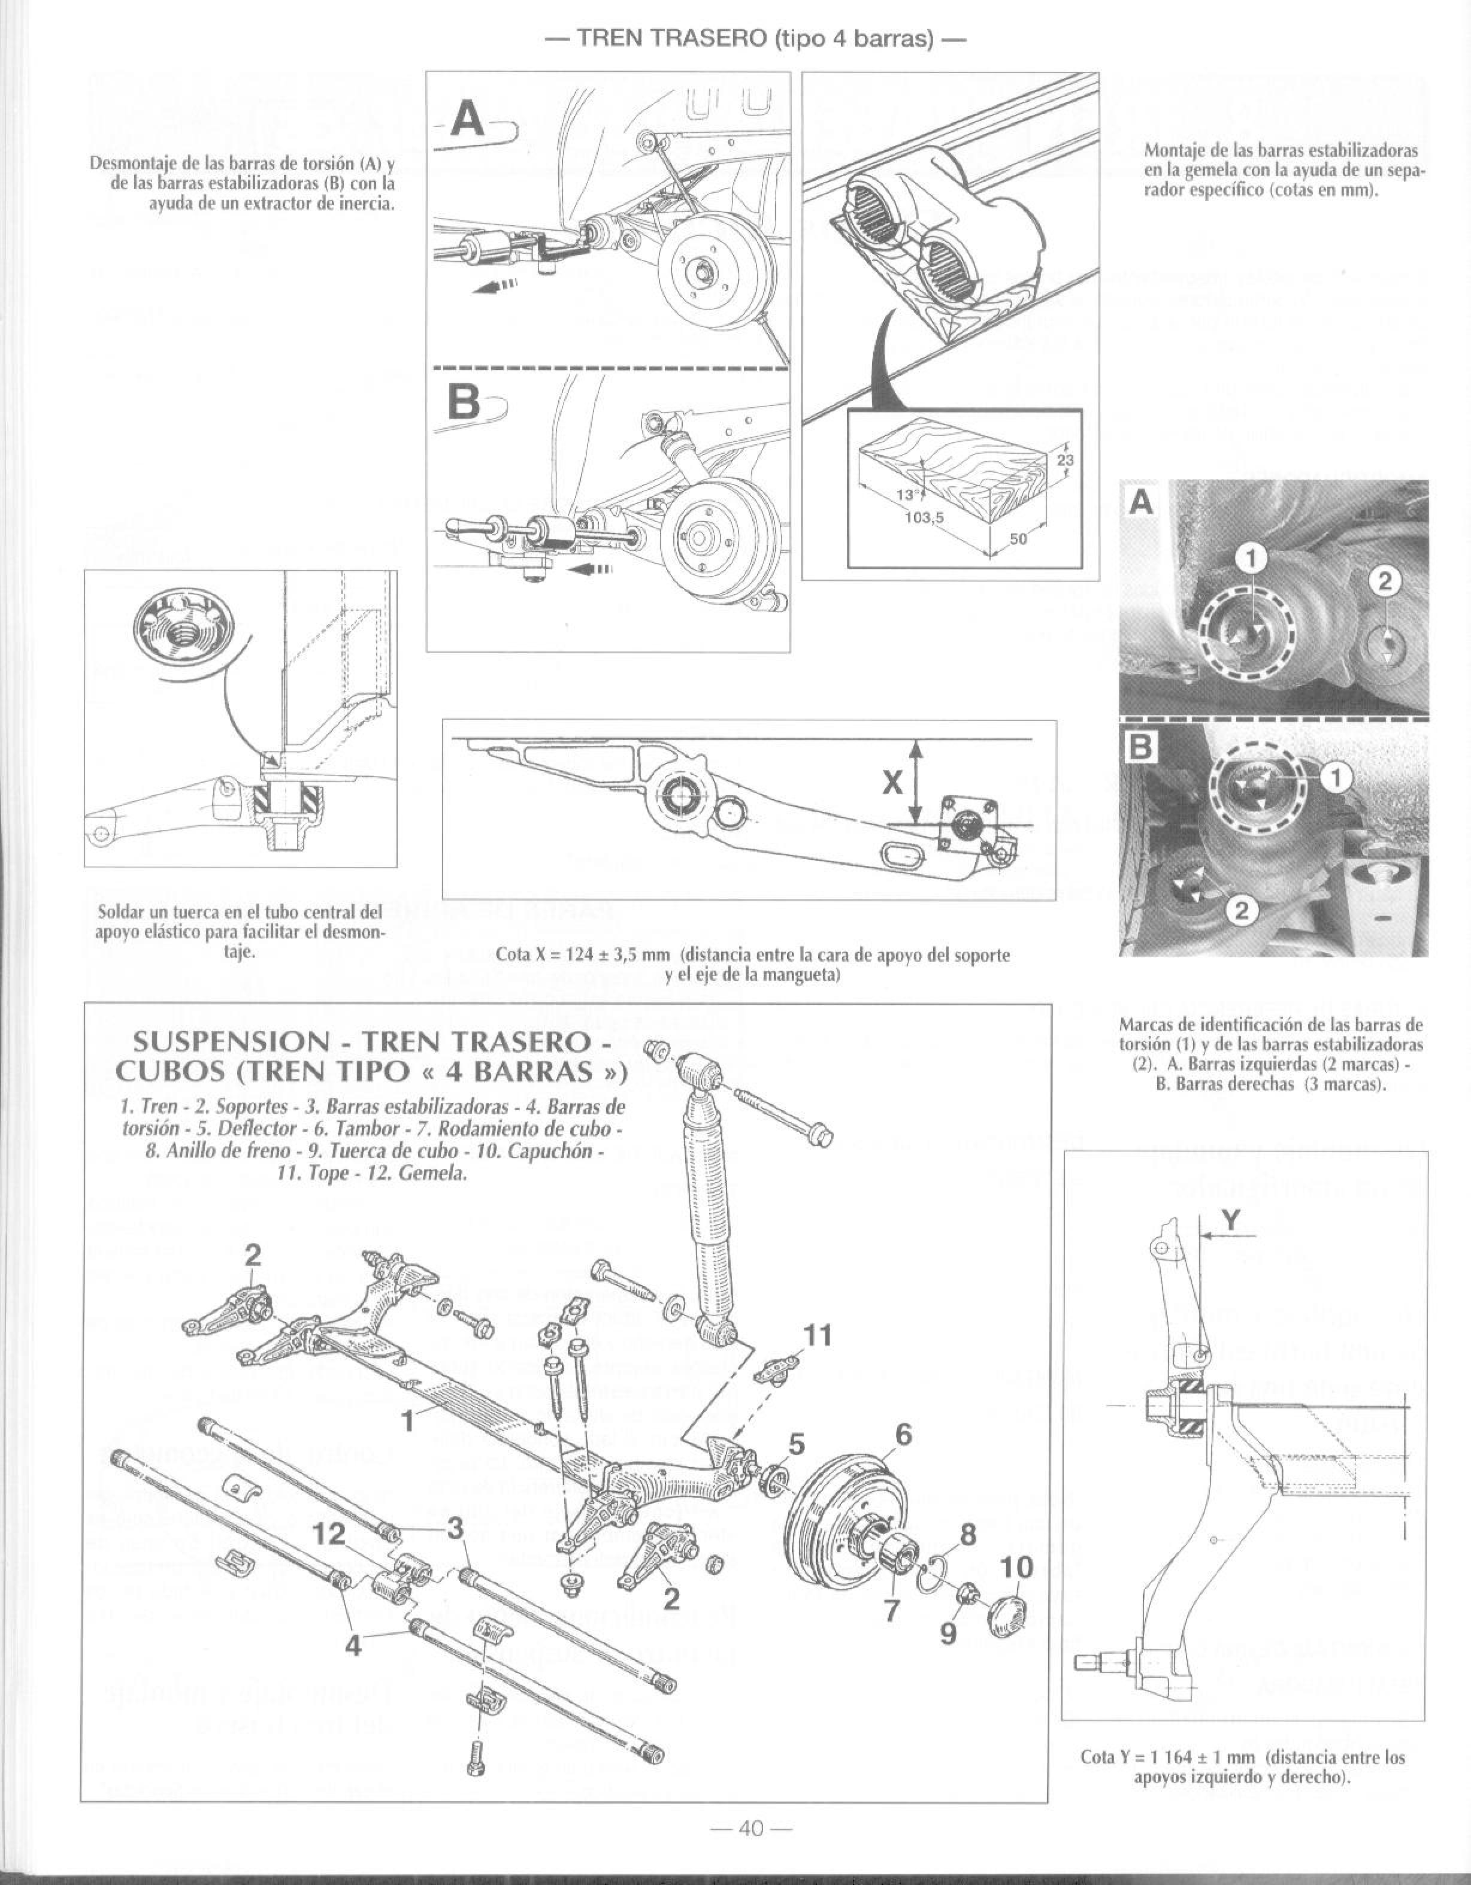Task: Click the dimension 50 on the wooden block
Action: point(1019,538)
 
